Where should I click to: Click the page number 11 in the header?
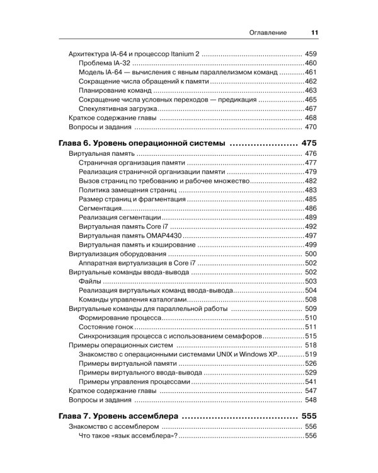[314, 33]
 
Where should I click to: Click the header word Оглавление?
[268, 33]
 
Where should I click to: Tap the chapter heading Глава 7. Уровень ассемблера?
[120, 416]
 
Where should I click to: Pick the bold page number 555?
[309, 416]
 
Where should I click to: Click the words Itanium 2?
[185, 54]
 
